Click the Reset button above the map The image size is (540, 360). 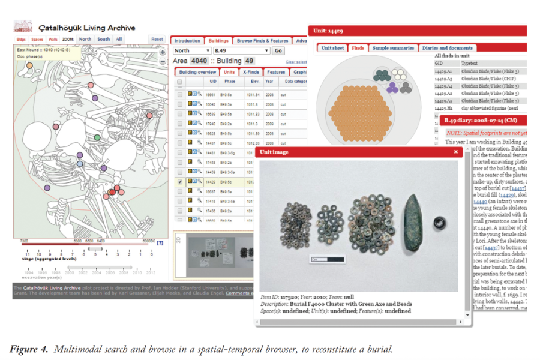tap(157, 39)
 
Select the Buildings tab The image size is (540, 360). tap(218, 41)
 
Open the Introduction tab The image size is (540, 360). tap(187, 41)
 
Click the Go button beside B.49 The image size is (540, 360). tap(278, 51)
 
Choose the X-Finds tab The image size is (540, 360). tap(250, 72)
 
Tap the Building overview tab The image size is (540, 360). tap(197, 72)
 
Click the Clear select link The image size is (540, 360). tap(296, 62)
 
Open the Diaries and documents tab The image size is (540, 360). tap(448, 48)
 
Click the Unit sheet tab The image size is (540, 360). tap(333, 48)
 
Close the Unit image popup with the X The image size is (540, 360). tap(455, 152)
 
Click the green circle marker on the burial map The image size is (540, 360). tap(97, 138)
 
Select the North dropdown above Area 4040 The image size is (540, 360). tap(192, 51)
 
